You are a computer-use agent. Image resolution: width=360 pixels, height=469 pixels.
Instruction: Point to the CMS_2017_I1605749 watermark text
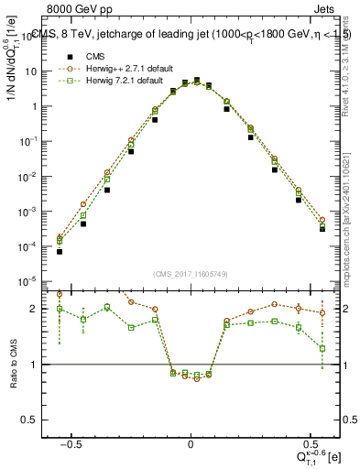pyautogui.click(x=190, y=274)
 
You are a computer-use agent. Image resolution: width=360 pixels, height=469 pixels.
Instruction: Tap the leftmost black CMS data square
pyautogui.click(x=60, y=251)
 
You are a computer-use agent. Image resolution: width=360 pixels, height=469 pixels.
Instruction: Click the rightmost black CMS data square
pyautogui.click(x=322, y=229)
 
